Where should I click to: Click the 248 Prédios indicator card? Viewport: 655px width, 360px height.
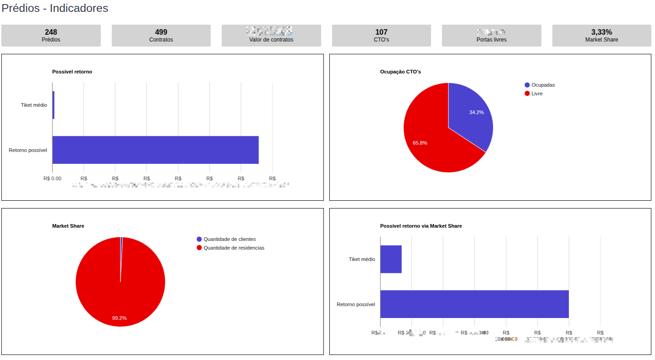51,36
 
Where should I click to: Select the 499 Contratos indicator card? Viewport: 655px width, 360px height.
161,36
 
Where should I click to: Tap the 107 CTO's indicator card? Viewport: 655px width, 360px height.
381,36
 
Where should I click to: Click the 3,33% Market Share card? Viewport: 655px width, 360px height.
602,36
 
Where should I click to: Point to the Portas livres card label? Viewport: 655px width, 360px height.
491,40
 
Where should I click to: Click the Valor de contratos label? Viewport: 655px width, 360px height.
271,40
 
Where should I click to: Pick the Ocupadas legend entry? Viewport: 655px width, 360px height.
543,85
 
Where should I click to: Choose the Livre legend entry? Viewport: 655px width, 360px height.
537,94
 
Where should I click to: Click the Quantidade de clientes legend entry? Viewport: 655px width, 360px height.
229,239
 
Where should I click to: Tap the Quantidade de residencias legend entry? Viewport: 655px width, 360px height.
234,248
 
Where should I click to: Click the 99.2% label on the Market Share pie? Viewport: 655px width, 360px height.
120,318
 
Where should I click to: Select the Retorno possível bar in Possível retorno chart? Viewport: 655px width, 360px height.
155,150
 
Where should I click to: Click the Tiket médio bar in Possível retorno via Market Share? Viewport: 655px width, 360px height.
391,259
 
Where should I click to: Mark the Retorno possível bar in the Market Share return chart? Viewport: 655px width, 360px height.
474,304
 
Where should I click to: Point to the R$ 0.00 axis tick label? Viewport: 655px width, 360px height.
52,178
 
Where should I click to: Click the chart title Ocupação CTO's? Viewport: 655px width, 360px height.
400,72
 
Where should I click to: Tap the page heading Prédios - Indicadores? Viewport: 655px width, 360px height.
55,8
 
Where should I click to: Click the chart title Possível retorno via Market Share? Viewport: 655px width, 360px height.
421,226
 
